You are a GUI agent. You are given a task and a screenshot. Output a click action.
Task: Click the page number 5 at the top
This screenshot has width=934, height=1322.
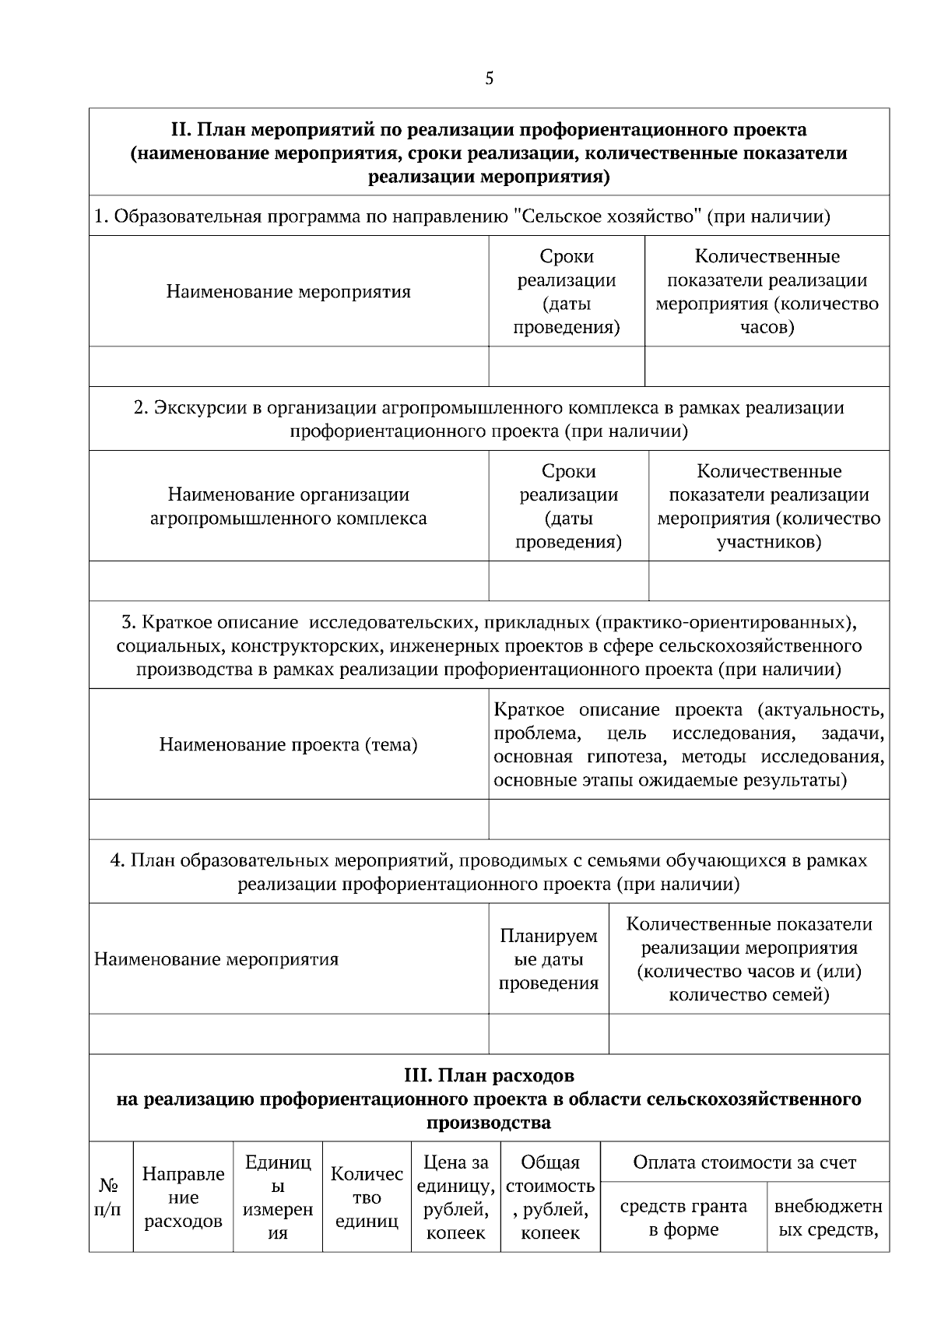tap(489, 79)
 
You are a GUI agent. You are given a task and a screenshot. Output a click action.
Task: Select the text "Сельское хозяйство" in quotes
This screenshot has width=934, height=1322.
tap(608, 216)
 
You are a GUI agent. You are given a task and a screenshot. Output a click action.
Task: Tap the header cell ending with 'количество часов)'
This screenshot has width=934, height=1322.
tap(767, 292)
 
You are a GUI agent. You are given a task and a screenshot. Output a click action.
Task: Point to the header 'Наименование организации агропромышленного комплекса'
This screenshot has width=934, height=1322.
tap(288, 506)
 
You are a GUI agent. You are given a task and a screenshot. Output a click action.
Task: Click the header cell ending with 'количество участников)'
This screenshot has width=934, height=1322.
tap(768, 507)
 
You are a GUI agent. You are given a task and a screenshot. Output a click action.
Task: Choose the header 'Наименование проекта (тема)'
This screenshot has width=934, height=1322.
tap(288, 745)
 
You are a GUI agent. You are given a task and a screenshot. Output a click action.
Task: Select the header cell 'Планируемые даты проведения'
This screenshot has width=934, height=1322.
tap(548, 959)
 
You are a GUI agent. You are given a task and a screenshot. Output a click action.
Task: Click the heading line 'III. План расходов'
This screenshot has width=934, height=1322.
tap(489, 1076)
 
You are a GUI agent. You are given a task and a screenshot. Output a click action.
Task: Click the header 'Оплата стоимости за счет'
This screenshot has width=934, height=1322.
tap(744, 1163)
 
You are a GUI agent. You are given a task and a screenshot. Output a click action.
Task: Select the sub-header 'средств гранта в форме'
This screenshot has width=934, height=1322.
tap(683, 1218)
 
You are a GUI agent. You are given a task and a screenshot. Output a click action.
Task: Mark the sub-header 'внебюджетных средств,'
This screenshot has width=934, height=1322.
tap(828, 1218)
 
